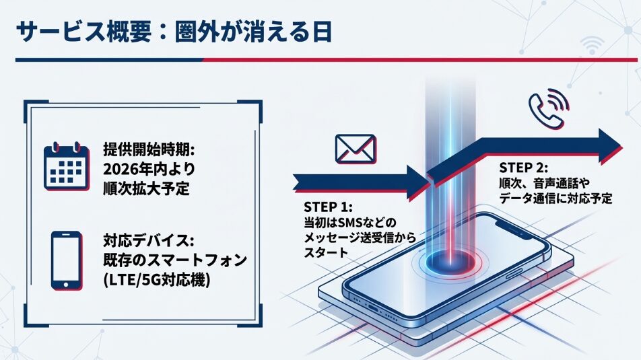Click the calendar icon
pyautogui.click(x=67, y=166)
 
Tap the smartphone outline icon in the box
pyautogui.click(x=67, y=260)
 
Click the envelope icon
pyautogui.click(x=356, y=149)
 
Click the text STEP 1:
pyautogui.click(x=328, y=207)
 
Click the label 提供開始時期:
pyautogui.click(x=149, y=149)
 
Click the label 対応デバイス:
pyautogui.click(x=149, y=240)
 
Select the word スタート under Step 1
pyautogui.click(x=325, y=253)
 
